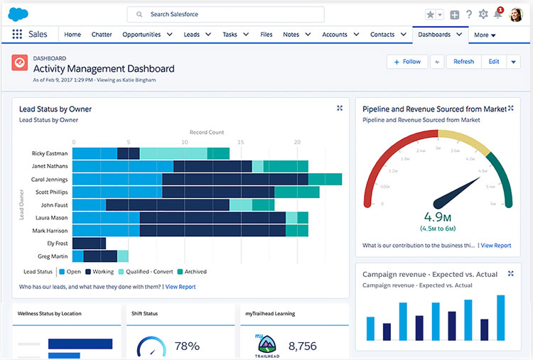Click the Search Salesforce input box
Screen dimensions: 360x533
pyautogui.click(x=225, y=14)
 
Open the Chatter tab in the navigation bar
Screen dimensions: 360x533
pyautogui.click(x=102, y=34)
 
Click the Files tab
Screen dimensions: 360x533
pyautogui.click(x=266, y=34)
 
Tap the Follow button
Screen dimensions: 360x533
pyautogui.click(x=407, y=62)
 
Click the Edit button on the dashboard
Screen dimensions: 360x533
pyautogui.click(x=494, y=62)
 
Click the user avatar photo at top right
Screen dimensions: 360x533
pyautogui.click(x=517, y=14)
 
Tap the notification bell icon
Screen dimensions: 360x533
pyautogui.click(x=497, y=15)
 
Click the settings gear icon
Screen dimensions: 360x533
pyautogui.click(x=483, y=14)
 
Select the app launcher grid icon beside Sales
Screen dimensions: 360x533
pyautogui.click(x=17, y=34)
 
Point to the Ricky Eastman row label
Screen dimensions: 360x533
pyautogui.click(x=50, y=153)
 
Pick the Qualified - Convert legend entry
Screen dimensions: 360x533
pyautogui.click(x=147, y=272)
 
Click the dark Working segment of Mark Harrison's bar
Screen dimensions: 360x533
pyautogui.click(x=213, y=231)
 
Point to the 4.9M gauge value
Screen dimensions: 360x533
pyautogui.click(x=438, y=217)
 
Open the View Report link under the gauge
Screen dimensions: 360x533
pyautogui.click(x=495, y=246)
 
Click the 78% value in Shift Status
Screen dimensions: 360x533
pyautogui.click(x=186, y=347)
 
